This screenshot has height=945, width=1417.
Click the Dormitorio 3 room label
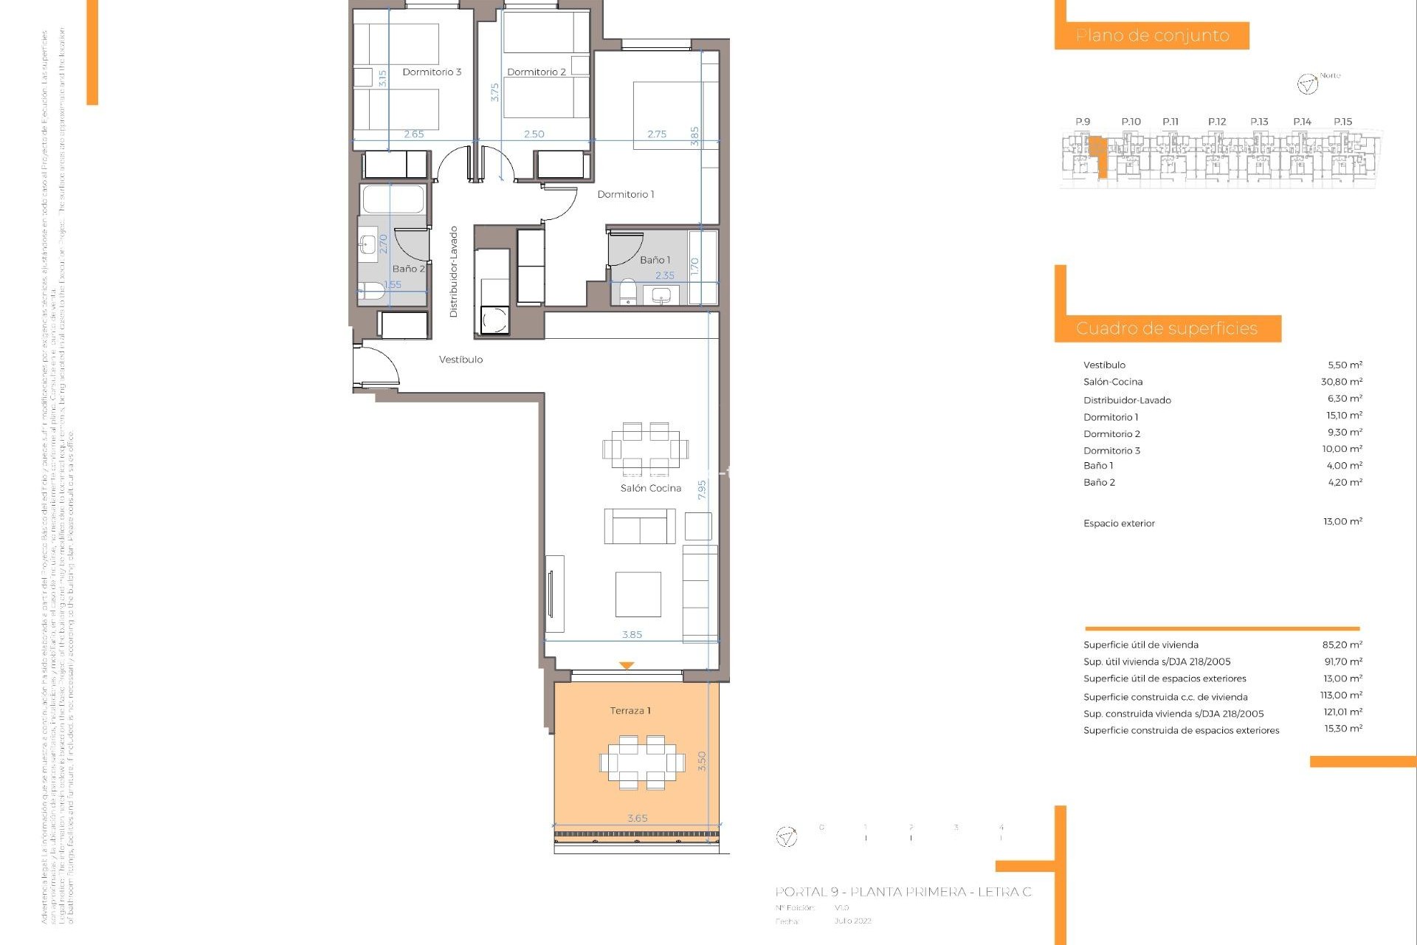[x=432, y=72]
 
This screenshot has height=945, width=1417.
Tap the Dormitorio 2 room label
[x=537, y=72]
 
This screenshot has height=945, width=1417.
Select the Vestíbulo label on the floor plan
[x=461, y=360]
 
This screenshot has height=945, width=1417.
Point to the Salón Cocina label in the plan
[x=650, y=488]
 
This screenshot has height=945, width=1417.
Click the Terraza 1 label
[x=630, y=710]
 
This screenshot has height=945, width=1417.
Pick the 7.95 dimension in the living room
[x=702, y=489]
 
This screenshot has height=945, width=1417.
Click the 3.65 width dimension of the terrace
[x=637, y=818]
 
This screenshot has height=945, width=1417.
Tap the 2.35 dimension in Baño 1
[x=664, y=275]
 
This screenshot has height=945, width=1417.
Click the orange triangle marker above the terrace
[x=627, y=666]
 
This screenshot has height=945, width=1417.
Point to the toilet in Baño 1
[x=628, y=291]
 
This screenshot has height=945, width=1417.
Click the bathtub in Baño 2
[x=393, y=199]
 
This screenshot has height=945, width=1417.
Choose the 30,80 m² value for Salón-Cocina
[x=1341, y=382]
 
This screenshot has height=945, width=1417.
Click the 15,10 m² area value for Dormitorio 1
[x=1343, y=416]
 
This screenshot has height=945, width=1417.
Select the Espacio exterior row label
[x=1119, y=523]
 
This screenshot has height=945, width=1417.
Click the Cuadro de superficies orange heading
[x=1167, y=329]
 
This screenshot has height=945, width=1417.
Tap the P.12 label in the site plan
[x=1217, y=122]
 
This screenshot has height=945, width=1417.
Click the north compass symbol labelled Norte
[x=1307, y=84]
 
